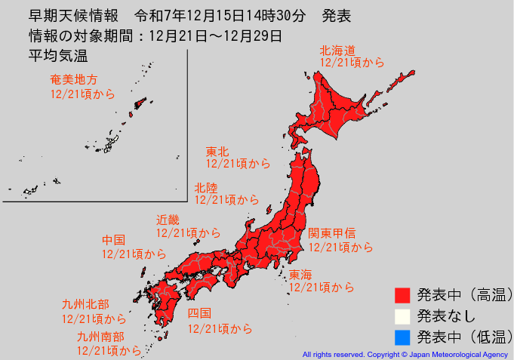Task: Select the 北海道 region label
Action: pos(337,51)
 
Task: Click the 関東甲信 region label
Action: pos(331,233)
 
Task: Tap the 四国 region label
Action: pos(199,313)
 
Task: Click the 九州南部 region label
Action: pos(100,337)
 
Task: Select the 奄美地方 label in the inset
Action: pos(73,79)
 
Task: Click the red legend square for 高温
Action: pos(402,294)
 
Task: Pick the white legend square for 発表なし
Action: pos(402,315)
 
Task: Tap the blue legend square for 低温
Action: pos(402,337)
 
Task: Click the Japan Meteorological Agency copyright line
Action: pos(405,353)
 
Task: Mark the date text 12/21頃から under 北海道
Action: pos(352,63)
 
